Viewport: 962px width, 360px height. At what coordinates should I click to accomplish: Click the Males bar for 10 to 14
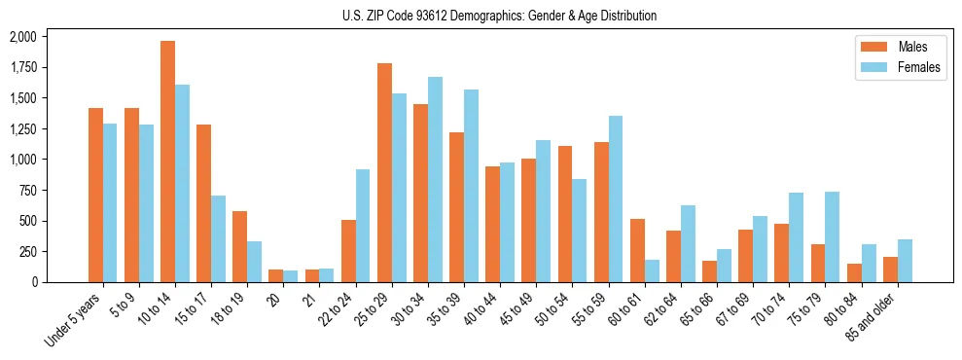[167, 162]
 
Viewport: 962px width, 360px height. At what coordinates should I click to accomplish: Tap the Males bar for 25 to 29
[384, 172]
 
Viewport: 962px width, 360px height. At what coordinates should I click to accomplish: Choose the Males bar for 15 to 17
[203, 203]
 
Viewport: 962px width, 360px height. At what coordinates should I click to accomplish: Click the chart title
[499, 16]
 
